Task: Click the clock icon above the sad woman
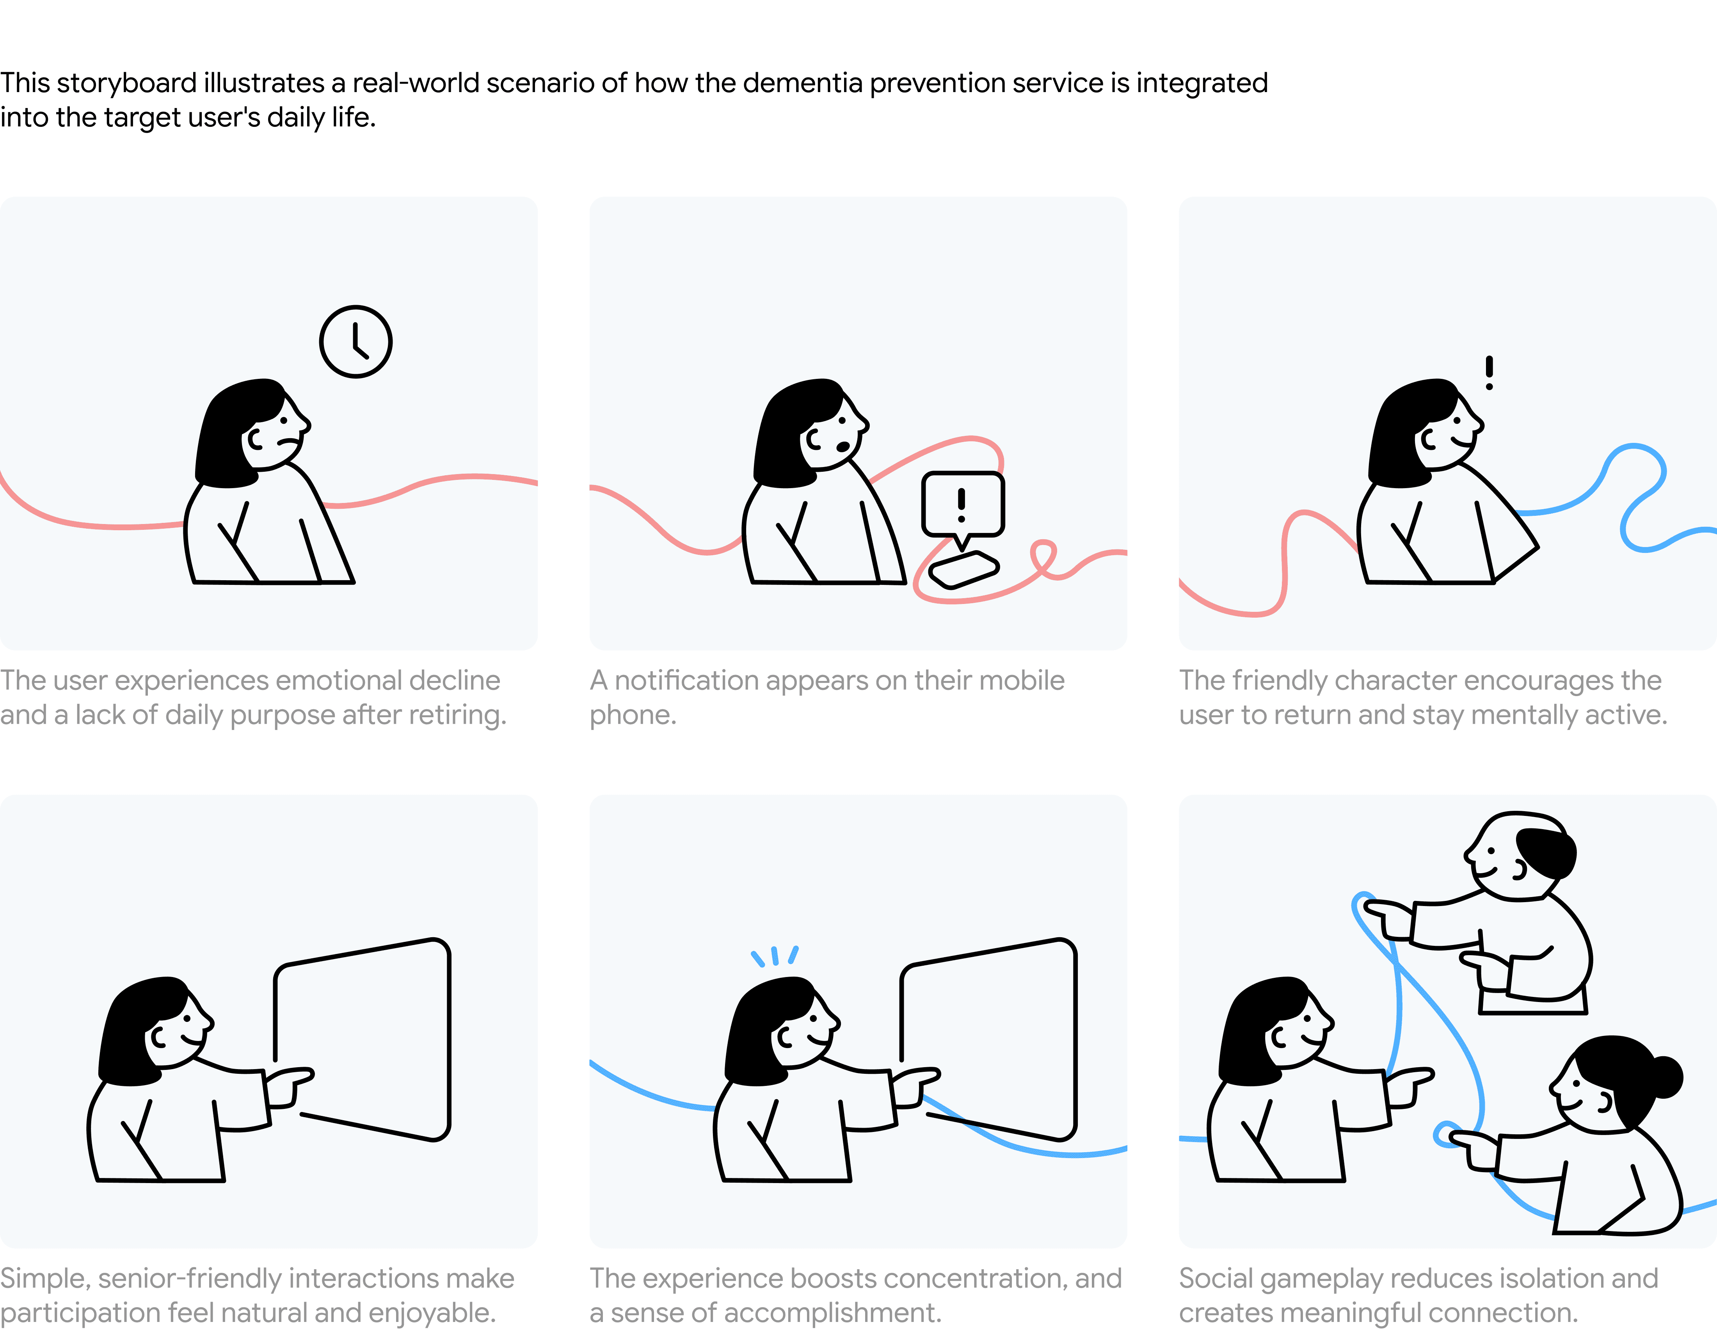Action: [355, 342]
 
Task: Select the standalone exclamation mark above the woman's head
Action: [1489, 373]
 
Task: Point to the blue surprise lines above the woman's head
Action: [774, 956]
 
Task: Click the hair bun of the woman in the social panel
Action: [1665, 1077]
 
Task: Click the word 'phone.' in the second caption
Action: [633, 715]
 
